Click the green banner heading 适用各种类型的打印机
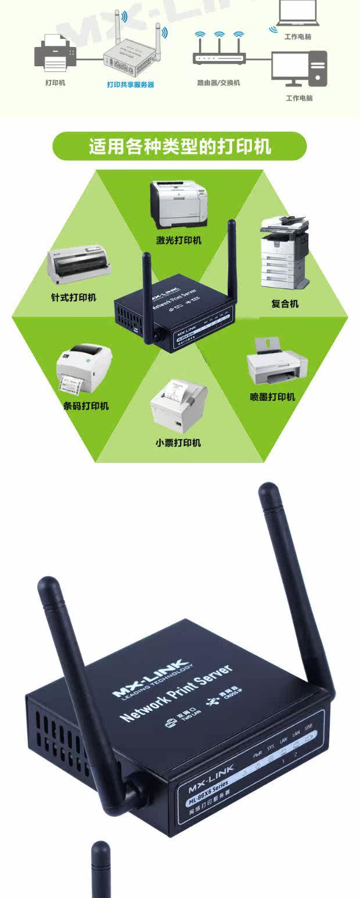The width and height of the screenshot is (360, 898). point(179,146)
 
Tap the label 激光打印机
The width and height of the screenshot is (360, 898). point(179,240)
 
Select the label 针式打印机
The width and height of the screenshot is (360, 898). point(73,298)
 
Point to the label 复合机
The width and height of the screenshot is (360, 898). point(285,304)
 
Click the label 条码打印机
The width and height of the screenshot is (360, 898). point(86,405)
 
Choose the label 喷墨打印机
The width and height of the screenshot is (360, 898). point(272,397)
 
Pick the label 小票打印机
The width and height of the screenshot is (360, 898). point(178,443)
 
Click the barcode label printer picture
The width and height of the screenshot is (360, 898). point(84,369)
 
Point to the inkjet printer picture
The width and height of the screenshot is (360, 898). point(276,363)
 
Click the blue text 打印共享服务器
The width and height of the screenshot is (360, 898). point(131,85)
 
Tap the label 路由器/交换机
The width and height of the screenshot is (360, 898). point(218,83)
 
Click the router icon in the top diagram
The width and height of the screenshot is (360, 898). point(219,53)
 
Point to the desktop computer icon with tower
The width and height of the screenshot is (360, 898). point(299,69)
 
